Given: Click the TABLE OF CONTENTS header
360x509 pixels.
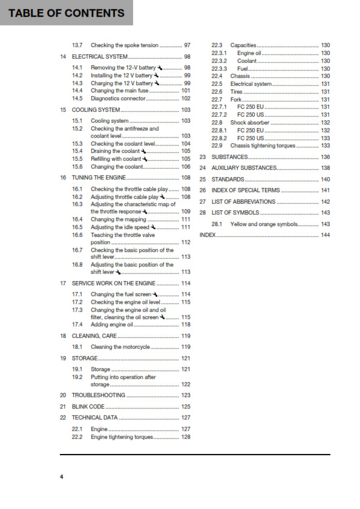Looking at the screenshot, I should coord(67,13).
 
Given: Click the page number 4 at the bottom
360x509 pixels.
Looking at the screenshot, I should coord(61,477).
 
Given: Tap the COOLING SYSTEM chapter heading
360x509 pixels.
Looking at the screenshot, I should coord(96,110).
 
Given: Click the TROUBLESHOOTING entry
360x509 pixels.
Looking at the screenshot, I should coord(99,395).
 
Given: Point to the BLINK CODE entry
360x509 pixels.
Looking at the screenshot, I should coord(88,407).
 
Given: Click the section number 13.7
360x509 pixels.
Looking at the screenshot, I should coord(77,45).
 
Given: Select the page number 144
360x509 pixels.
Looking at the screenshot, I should coord(325,235).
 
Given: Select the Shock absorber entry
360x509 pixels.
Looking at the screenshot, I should coord(250,122).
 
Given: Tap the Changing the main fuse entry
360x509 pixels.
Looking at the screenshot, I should coord(119,91).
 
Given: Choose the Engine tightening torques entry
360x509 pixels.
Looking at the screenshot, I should coord(122,436).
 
